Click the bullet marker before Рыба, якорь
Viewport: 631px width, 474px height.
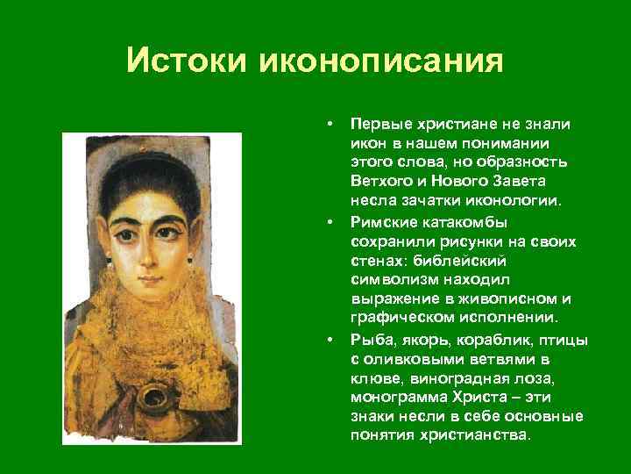(x=330, y=338)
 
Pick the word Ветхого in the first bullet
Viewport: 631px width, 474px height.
(x=380, y=183)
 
